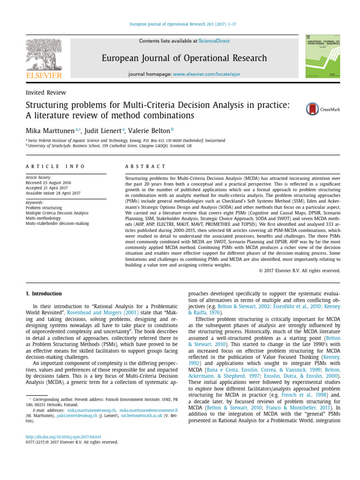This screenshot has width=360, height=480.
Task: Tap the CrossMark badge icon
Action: (313, 109)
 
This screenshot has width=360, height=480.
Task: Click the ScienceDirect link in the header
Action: (214, 41)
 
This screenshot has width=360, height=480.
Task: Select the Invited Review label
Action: (45, 92)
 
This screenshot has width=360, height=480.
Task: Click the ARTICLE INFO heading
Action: (55, 166)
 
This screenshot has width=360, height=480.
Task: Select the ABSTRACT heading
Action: (145, 166)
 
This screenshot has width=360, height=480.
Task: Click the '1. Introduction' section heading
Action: (43, 294)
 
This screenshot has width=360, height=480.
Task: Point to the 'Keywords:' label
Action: (34, 202)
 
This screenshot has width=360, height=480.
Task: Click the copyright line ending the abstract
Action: (299, 270)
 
